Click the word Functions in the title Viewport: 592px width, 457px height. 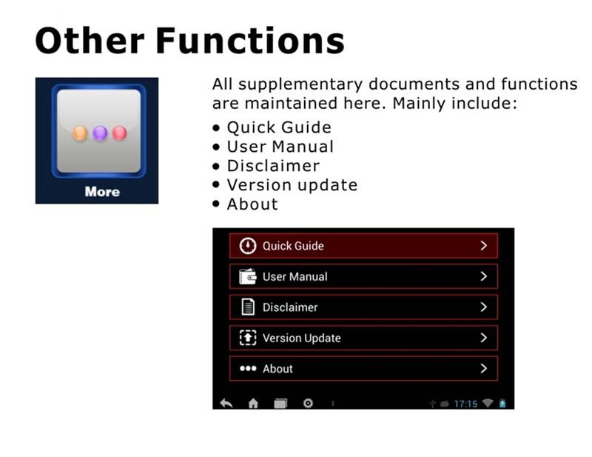click(250, 41)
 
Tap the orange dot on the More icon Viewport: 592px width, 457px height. click(80, 133)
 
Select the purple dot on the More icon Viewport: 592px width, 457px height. click(100, 133)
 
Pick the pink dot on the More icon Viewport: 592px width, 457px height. click(120, 133)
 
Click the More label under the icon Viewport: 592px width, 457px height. click(102, 192)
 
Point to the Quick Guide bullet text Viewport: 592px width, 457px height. click(279, 127)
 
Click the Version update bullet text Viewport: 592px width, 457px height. click(292, 185)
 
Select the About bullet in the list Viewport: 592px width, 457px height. click(252, 204)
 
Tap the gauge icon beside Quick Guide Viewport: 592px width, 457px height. click(248, 246)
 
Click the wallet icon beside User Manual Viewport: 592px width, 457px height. click(248, 276)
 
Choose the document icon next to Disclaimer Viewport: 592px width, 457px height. click(248, 307)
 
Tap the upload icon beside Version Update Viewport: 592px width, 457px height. click(248, 338)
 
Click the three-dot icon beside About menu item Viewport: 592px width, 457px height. click(248, 368)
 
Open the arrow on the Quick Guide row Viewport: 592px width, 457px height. click(484, 246)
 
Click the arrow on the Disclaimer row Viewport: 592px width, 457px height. click(484, 307)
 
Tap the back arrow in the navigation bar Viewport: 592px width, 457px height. click(226, 404)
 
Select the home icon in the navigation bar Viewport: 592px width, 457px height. click(253, 404)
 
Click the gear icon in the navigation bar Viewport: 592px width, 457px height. click(308, 404)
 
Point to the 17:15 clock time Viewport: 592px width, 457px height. click(465, 404)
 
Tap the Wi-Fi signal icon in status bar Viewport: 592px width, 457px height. click(488, 403)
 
